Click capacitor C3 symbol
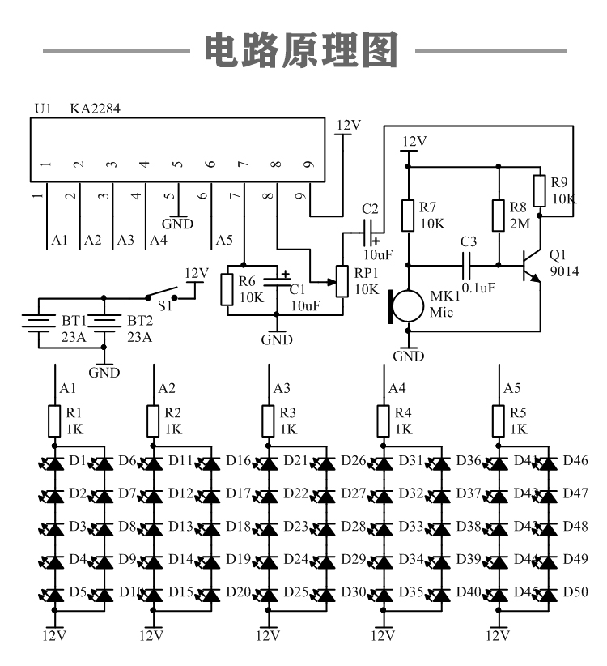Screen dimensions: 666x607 click(468, 264)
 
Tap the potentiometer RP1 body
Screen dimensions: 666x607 click(343, 281)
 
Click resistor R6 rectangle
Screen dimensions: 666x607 click(227, 289)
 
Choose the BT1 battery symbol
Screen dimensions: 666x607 click(38, 323)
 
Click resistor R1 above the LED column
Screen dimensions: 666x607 click(54, 421)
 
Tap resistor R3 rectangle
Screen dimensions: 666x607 click(269, 421)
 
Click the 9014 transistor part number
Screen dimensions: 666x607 click(564, 271)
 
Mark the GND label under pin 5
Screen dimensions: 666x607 click(178, 223)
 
